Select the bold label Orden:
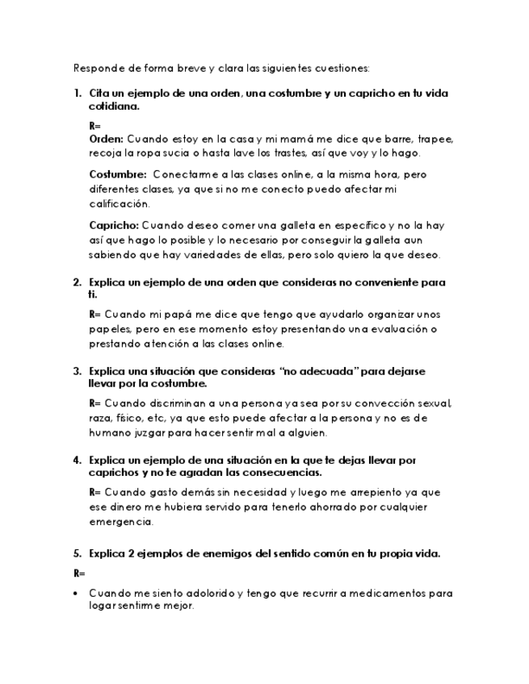point(107,139)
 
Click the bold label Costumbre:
point(117,174)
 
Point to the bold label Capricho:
point(114,226)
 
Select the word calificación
point(120,205)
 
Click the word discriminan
point(176,403)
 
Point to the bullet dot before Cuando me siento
point(76,594)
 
